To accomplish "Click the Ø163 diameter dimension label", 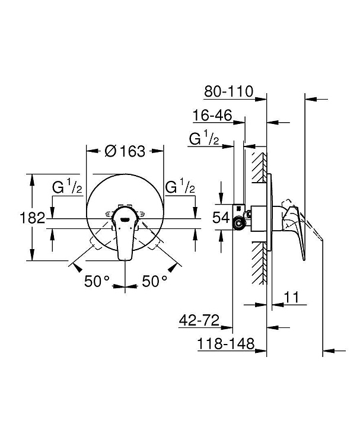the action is pos(125,151).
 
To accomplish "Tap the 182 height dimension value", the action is pos(33,218).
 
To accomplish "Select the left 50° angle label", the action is pos(97,281).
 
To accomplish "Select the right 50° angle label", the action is pos(154,281).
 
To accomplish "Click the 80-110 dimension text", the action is pos(229,91).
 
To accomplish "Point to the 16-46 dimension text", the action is pos(212,115).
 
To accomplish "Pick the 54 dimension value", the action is pos(221,217).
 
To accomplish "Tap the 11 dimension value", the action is pos(291,297).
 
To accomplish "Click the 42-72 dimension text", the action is pos(199,320).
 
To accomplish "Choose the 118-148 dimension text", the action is pos(226,343).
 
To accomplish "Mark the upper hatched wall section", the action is pos(259,167).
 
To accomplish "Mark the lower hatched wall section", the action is pos(259,263).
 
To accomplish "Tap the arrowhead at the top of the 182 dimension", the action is pos(33,180).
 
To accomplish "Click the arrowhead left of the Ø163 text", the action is pos(92,151).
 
